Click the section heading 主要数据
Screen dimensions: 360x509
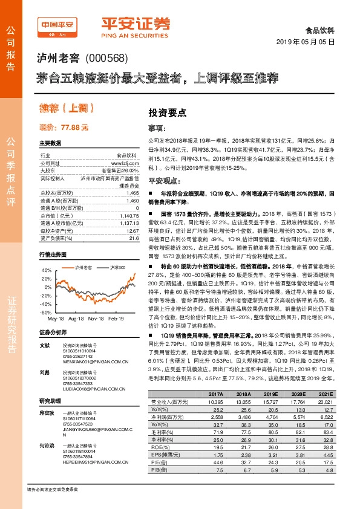50,143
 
